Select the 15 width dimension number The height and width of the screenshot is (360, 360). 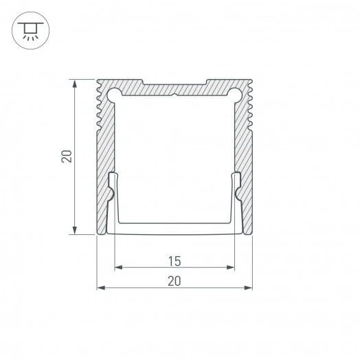point(174,260)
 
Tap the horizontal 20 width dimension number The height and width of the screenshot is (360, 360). point(174,280)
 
